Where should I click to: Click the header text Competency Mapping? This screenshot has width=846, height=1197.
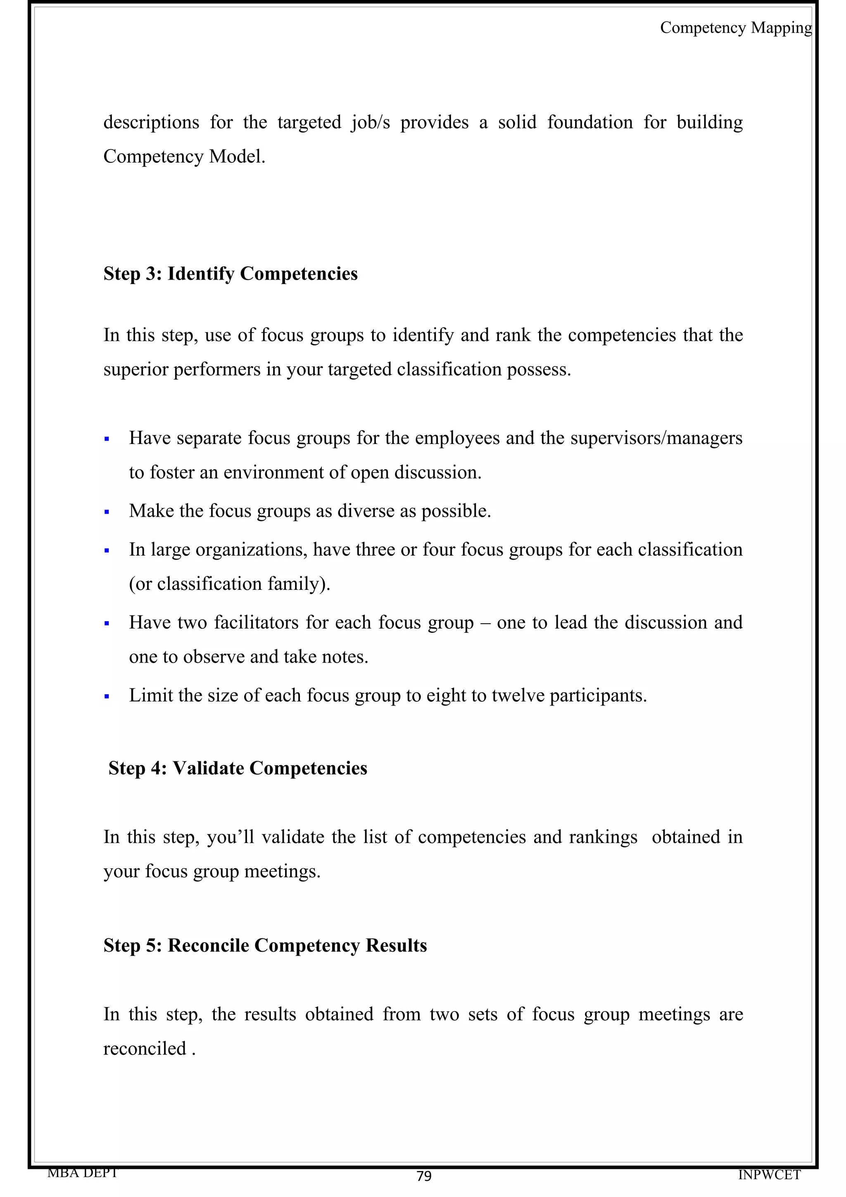click(x=735, y=28)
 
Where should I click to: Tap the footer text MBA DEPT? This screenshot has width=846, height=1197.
click(x=82, y=1173)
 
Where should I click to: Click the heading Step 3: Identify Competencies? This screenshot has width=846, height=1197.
click(x=231, y=274)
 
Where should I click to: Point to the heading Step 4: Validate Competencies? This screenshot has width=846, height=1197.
click(x=238, y=768)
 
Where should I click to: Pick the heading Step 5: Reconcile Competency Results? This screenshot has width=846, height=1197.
click(x=265, y=945)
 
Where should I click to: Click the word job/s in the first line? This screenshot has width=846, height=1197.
click(x=370, y=123)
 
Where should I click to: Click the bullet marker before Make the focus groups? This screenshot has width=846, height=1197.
click(x=107, y=512)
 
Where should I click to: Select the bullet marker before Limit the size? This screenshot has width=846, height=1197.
click(x=107, y=696)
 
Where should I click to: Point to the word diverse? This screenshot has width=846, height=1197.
click(x=366, y=511)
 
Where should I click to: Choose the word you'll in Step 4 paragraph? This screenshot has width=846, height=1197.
click(x=230, y=837)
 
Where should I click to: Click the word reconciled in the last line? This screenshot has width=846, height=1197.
click(x=145, y=1048)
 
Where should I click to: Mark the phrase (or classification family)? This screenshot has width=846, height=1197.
click(x=229, y=584)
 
